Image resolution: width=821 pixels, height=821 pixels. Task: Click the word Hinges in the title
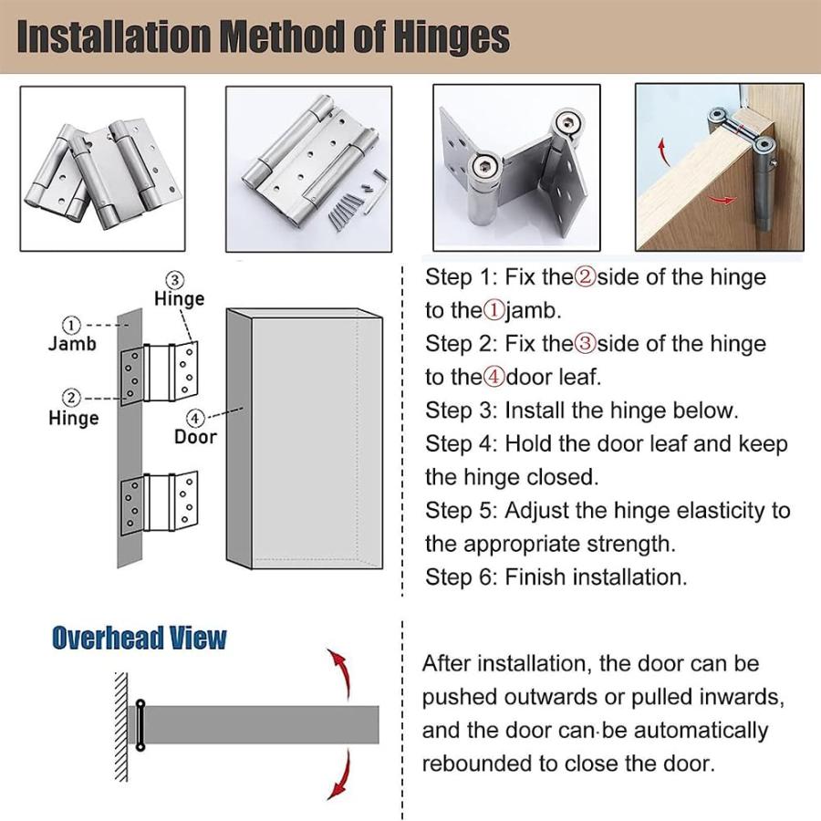452,36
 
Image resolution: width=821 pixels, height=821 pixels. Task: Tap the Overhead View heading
140,638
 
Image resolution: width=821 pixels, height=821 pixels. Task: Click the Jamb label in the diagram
72,344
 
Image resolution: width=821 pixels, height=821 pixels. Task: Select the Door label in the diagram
195,437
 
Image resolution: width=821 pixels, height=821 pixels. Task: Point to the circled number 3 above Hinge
175,281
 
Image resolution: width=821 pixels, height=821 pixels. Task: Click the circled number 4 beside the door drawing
195,418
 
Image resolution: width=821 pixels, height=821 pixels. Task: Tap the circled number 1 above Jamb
71,325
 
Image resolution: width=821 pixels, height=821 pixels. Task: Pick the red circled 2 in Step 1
586,277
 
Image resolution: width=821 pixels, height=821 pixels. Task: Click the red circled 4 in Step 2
494,377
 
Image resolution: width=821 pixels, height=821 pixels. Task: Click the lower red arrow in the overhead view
340,774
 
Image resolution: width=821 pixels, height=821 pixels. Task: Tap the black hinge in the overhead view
140,725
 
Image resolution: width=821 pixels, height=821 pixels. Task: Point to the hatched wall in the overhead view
121,727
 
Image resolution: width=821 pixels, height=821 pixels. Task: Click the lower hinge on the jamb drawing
159,504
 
